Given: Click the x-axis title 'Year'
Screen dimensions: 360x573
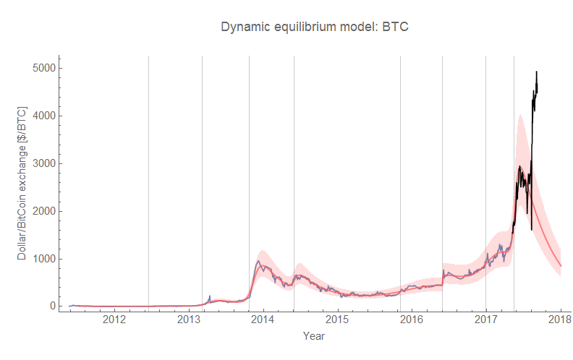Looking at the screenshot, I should (x=314, y=336).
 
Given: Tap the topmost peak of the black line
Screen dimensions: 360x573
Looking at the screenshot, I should (x=536, y=72).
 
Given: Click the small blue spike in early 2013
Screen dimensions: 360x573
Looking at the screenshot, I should (x=210, y=296).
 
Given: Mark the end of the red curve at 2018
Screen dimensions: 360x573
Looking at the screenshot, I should (x=561, y=266).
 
